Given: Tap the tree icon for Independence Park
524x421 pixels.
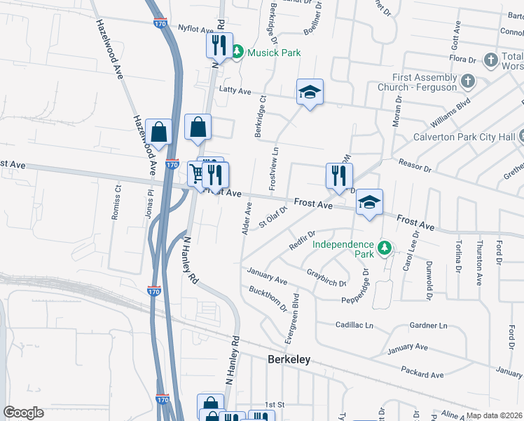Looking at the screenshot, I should click(384, 248).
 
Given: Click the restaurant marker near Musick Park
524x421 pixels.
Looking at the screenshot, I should click(219, 46).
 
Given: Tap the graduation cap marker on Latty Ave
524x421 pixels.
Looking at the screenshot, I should click(309, 92).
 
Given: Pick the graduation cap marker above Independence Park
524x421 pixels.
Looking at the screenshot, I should click(369, 203).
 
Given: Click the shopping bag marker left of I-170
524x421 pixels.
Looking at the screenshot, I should click(159, 131).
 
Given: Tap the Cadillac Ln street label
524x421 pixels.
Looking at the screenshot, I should click(354, 326).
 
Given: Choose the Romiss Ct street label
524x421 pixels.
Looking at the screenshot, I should click(116, 202).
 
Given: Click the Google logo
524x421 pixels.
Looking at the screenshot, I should click(23, 413).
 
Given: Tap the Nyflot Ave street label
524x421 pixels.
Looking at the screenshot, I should click(195, 30).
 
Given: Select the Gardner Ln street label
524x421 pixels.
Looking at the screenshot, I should click(428, 326).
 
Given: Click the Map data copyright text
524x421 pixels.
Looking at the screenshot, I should click(494, 415).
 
